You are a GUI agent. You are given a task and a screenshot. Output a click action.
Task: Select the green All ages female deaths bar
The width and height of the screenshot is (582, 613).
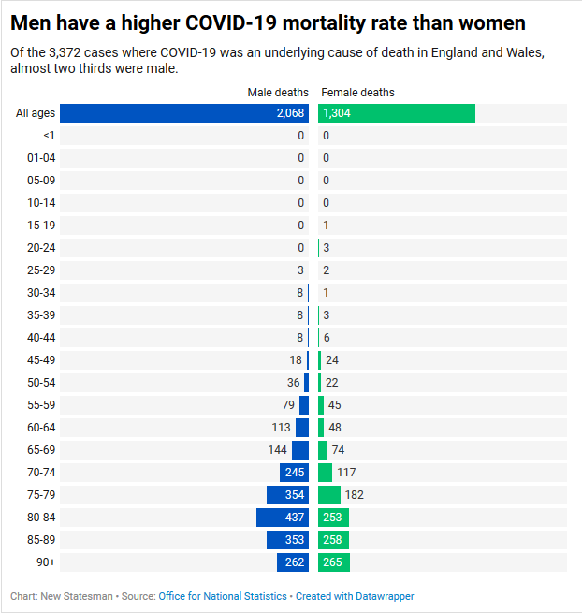click(396, 113)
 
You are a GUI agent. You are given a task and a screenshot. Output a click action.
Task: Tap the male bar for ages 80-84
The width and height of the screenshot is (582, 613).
click(283, 518)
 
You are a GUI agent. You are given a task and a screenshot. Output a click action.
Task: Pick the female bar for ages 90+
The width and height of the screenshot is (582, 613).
click(334, 562)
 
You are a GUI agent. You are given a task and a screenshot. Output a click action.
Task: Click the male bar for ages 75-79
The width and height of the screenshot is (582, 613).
click(287, 495)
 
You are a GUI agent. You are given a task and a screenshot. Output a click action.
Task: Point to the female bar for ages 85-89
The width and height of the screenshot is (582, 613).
click(333, 540)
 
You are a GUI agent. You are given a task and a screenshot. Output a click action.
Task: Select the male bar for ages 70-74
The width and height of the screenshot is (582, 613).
click(294, 473)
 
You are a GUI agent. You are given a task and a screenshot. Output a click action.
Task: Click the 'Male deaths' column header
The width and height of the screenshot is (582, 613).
click(277, 93)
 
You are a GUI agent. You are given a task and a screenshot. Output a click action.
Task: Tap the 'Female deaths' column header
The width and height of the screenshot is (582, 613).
click(357, 93)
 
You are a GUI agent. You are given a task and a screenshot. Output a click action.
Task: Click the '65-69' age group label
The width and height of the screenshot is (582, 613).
click(41, 450)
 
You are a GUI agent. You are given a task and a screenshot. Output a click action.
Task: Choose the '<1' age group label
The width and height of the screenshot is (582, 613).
click(49, 136)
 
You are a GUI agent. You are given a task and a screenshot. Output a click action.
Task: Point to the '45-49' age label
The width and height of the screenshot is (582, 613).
click(41, 360)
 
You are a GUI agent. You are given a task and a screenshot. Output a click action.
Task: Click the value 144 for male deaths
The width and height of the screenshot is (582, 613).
click(277, 450)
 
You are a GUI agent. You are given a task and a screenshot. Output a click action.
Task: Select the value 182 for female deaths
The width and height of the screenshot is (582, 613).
click(354, 495)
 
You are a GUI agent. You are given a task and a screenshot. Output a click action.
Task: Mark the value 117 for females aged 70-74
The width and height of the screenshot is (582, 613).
click(346, 473)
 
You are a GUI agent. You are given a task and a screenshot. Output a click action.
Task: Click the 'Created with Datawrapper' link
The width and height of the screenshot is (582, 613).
click(355, 596)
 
